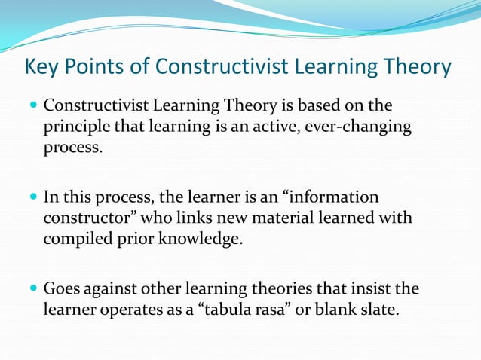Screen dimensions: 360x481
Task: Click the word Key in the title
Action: [x=42, y=68]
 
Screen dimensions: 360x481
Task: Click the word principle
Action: [x=76, y=127]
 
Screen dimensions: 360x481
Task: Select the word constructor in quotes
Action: [x=84, y=218]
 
